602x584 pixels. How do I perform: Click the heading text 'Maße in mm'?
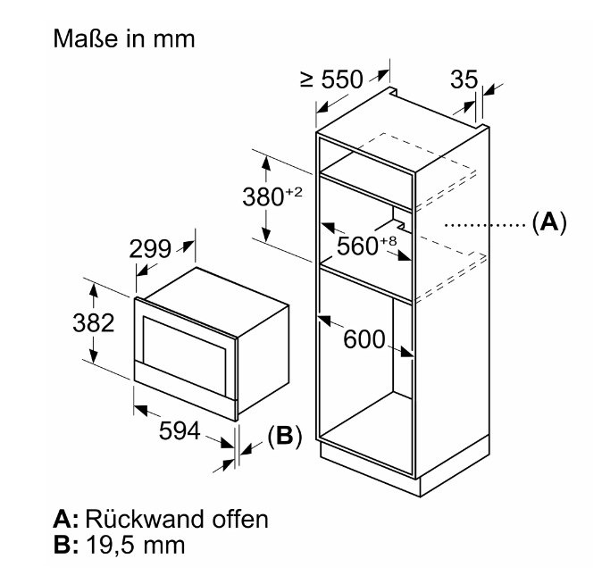pyautogui.click(x=124, y=40)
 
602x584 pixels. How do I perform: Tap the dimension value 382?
pyautogui.click(x=92, y=323)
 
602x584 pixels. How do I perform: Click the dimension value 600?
pyautogui.click(x=364, y=339)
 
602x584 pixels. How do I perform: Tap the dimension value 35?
pyautogui.click(x=464, y=79)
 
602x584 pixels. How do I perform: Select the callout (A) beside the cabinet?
pyautogui.click(x=548, y=221)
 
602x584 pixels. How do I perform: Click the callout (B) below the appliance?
pyautogui.click(x=284, y=436)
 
